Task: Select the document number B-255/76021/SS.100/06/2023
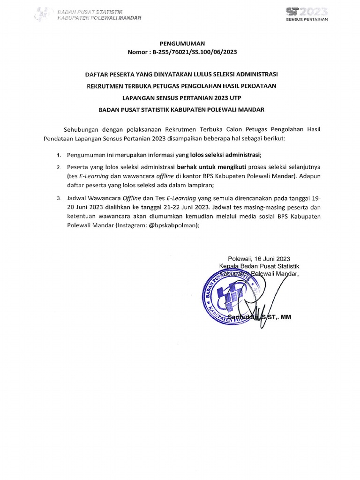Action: click(194, 52)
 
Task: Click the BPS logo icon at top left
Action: click(43, 15)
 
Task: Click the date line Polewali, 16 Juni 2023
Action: click(259, 258)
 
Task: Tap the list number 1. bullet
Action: click(59, 155)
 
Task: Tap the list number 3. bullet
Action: click(59, 198)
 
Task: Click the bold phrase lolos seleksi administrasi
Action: click(225, 155)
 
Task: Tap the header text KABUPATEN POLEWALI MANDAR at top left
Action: click(99, 18)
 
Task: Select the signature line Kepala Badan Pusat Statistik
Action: click(259, 266)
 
